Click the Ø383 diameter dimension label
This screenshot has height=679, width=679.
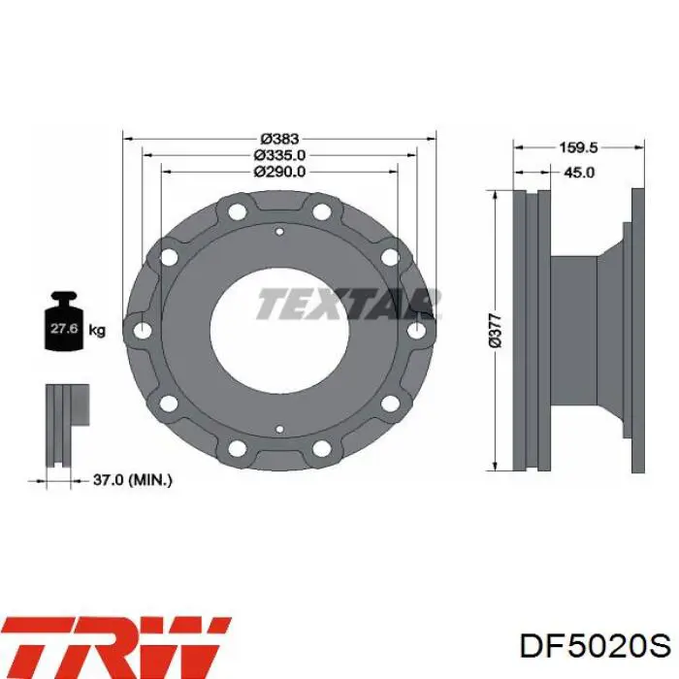pos(279,139)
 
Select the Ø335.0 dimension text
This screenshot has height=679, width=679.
pos(279,155)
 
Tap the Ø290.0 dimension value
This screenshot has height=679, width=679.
pos(279,172)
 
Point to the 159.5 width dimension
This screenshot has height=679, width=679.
pos(578,147)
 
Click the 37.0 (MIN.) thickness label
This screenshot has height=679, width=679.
pos(133,480)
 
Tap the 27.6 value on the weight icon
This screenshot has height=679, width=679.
pos(64,328)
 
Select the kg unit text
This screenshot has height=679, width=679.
pos(97,331)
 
